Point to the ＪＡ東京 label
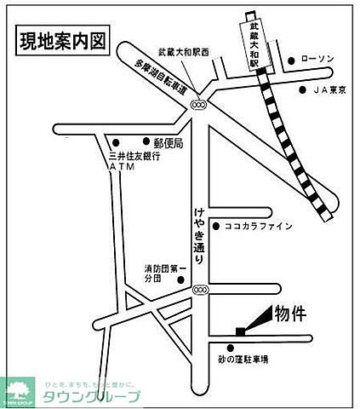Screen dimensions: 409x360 tap(330, 89)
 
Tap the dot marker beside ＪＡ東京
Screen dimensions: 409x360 tap(303, 89)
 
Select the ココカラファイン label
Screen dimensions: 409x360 tap(259, 227)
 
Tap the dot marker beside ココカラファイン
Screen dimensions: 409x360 tap(218, 227)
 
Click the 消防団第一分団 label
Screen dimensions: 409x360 tap(162, 274)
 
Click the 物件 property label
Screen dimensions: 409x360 tap(289, 314)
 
